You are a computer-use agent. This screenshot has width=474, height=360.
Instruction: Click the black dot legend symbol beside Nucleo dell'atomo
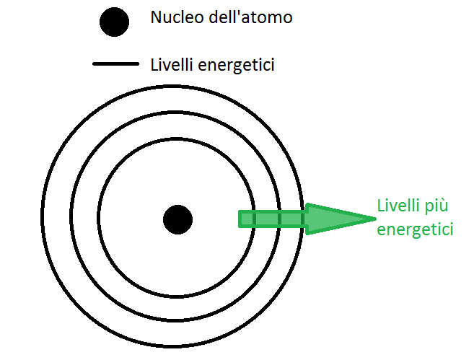114,22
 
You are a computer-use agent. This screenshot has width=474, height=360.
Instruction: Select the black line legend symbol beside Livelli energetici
115,64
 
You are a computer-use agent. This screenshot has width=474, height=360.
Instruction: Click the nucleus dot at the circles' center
177,219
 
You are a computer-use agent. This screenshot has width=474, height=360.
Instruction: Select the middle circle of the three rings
177,112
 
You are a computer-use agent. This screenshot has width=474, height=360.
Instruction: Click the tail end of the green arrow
242,219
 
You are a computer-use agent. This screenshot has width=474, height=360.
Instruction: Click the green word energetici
416,230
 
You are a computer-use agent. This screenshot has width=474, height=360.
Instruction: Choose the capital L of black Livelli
154,64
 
